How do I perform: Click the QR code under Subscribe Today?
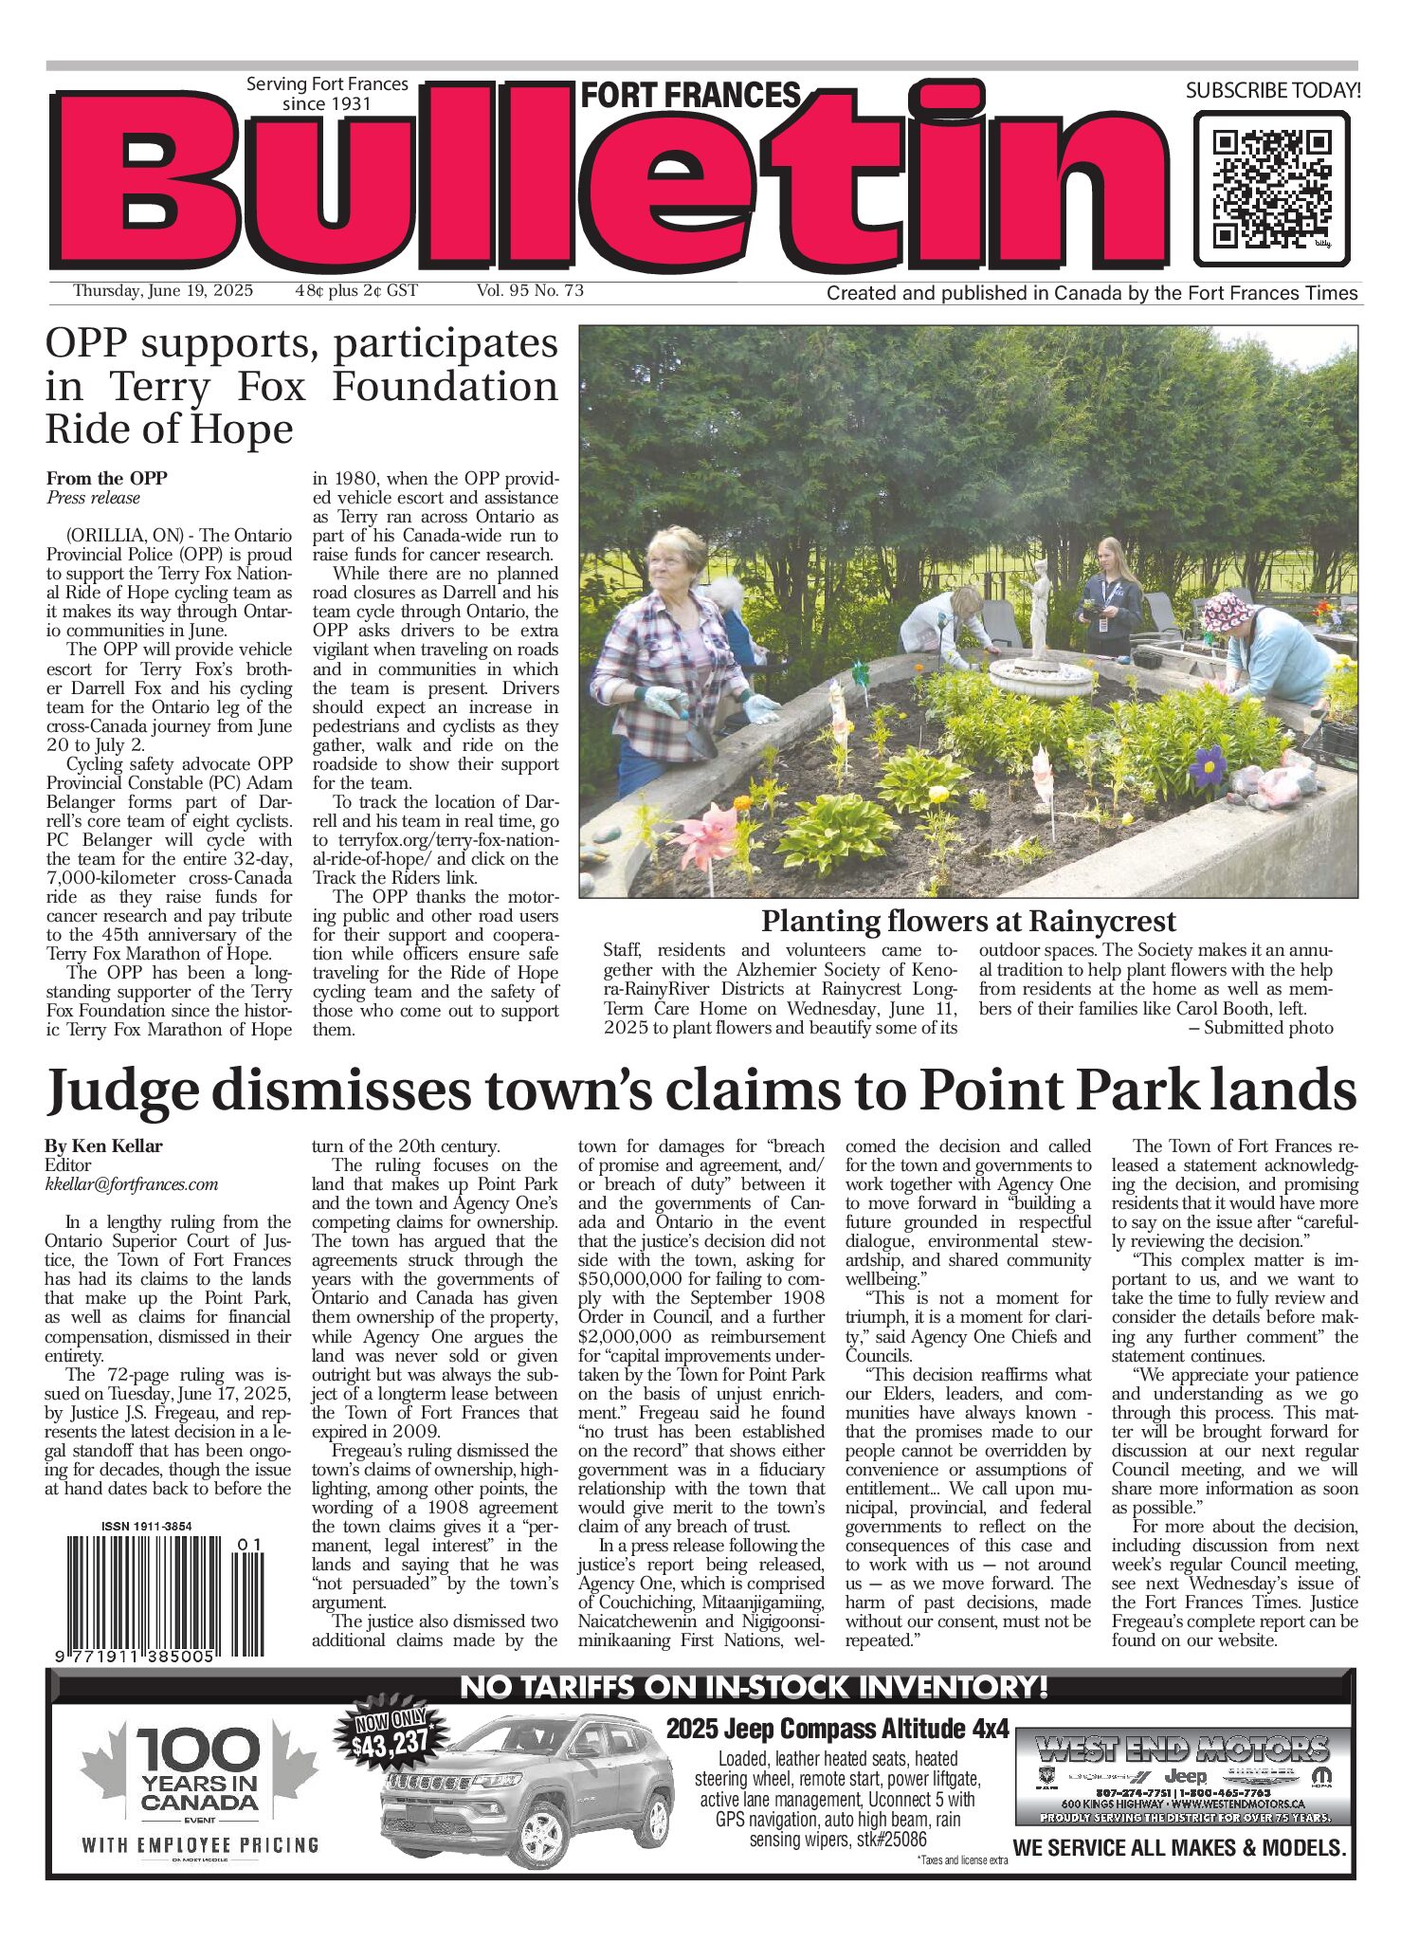[x=1271, y=189]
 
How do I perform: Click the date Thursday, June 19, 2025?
[x=163, y=291]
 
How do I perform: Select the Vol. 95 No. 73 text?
[x=530, y=291]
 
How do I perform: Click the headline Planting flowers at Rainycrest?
[x=968, y=921]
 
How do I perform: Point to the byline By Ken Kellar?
[x=103, y=1145]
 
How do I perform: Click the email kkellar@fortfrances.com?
[x=131, y=1184]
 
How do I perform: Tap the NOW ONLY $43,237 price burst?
[x=391, y=1734]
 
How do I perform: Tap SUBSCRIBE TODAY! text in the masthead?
[x=1272, y=91]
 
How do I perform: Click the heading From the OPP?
[x=106, y=478]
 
